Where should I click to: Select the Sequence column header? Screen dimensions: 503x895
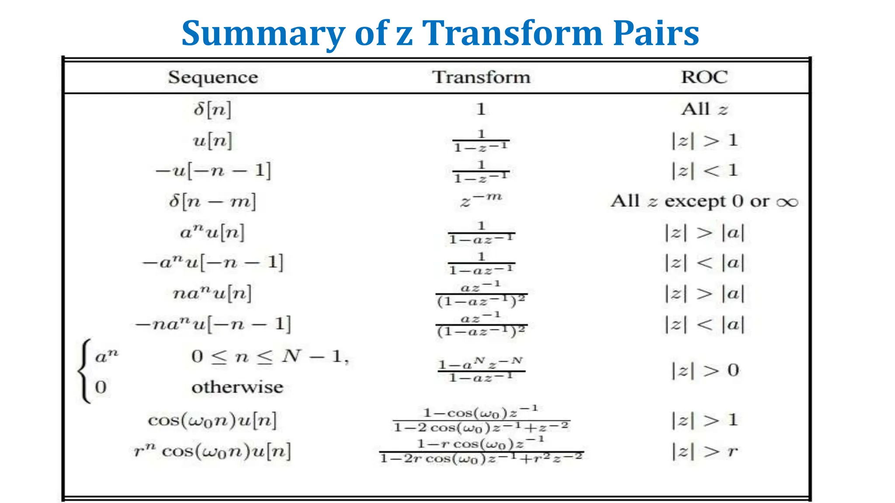pyautogui.click(x=213, y=77)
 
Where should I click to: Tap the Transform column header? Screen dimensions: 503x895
pyautogui.click(x=481, y=77)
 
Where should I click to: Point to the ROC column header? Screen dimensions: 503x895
pyautogui.click(x=704, y=77)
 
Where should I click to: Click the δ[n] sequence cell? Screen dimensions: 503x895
pyautogui.click(x=212, y=109)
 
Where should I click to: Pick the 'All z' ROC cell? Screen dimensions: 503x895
pyautogui.click(x=704, y=109)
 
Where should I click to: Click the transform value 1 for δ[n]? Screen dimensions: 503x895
pyautogui.click(x=481, y=109)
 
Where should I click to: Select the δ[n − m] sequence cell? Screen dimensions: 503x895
pyautogui.click(x=212, y=202)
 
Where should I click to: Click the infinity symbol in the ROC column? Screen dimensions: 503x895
pyautogui.click(x=787, y=202)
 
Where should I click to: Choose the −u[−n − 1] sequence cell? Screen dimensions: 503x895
pyautogui.click(x=213, y=170)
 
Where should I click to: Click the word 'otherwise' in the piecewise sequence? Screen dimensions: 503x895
pyautogui.click(x=237, y=387)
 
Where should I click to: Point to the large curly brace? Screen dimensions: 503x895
pyautogui.click(x=84, y=371)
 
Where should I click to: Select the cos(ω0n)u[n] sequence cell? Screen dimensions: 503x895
pyautogui.click(x=212, y=420)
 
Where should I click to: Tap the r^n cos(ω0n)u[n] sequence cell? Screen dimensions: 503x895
pyautogui.click(x=212, y=451)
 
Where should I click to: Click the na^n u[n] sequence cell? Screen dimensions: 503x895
pyautogui.click(x=212, y=293)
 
